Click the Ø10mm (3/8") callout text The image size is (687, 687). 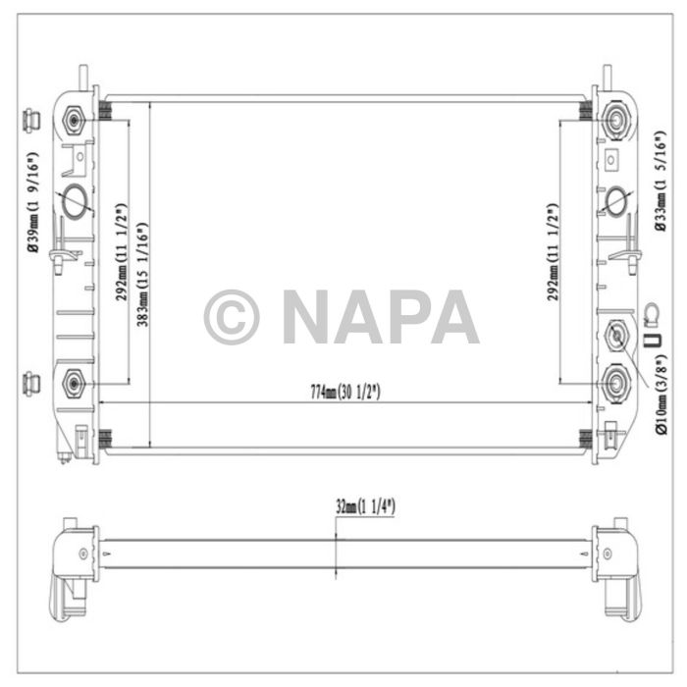point(662,392)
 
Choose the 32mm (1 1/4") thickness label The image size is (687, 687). point(365,506)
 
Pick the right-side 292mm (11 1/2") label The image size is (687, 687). point(554,252)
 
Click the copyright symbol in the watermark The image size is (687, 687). point(231,317)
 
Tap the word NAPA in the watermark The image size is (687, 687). point(380,317)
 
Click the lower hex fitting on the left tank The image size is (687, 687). point(74,382)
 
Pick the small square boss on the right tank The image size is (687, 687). point(612,159)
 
